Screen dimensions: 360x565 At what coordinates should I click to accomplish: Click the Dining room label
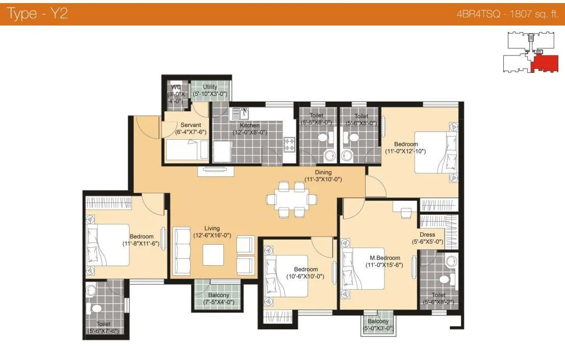click(x=323, y=173)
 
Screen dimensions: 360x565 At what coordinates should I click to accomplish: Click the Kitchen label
click(x=249, y=125)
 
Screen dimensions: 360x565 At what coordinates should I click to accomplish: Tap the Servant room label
click(x=190, y=125)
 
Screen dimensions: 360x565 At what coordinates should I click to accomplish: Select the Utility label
click(x=210, y=87)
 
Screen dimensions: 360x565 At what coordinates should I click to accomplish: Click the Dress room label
click(x=427, y=235)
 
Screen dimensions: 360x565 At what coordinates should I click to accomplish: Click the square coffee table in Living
click(x=214, y=255)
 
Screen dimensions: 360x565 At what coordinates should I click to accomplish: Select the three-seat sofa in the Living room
click(x=181, y=251)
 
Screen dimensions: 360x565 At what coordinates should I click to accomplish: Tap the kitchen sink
click(x=240, y=112)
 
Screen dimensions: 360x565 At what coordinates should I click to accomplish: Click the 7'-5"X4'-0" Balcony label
click(x=218, y=295)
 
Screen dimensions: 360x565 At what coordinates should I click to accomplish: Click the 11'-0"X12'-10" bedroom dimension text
click(x=405, y=151)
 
